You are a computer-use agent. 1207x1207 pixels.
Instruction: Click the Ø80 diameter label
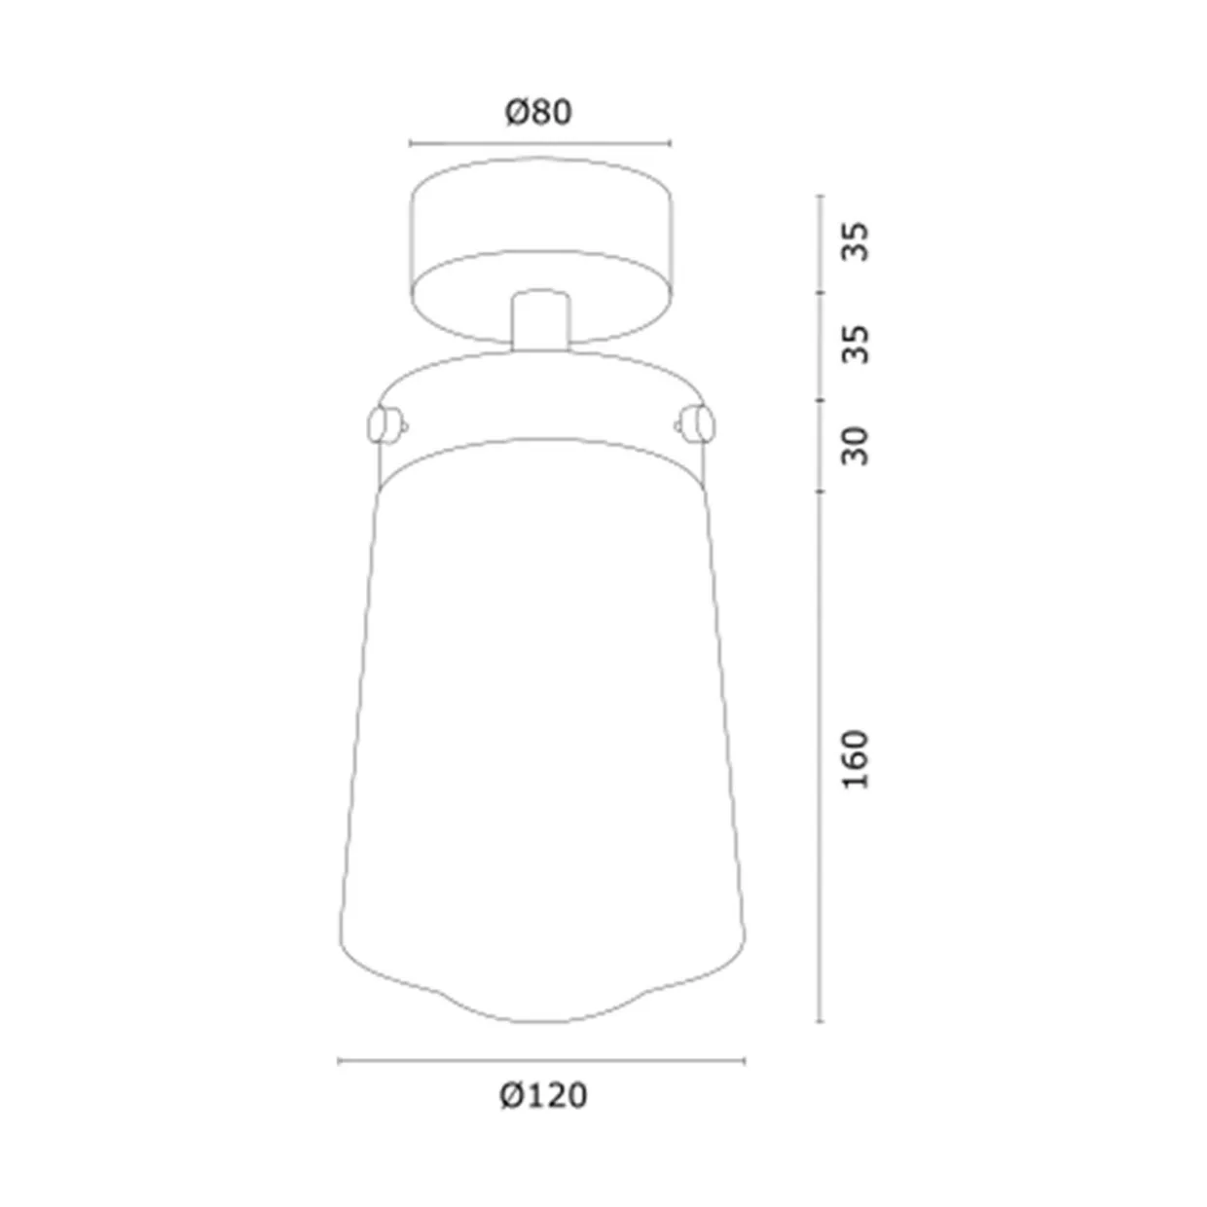click(538, 113)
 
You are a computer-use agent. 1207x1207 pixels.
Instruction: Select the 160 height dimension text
click(856, 759)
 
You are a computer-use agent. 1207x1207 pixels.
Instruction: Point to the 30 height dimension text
click(856, 447)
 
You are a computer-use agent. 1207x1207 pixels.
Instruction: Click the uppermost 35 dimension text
click(856, 241)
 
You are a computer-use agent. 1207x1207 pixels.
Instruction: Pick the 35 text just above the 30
click(856, 345)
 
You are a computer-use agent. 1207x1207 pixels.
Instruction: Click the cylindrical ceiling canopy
click(540, 250)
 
